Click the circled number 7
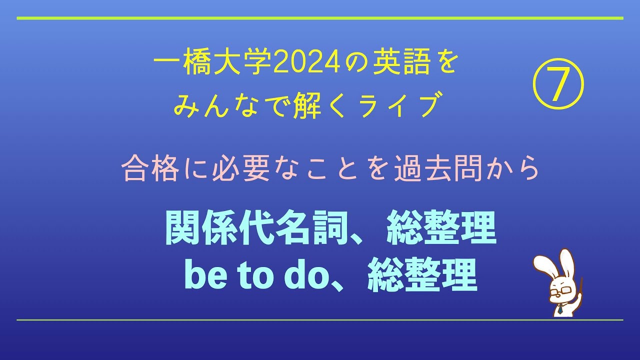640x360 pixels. click(558, 83)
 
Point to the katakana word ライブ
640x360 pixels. click(398, 104)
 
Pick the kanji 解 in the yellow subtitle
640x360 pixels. click(307, 104)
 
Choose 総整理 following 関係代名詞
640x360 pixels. click(441, 228)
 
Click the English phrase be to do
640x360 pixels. click(255, 275)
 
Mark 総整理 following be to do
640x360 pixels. click(422, 275)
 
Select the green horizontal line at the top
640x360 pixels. click(320, 18)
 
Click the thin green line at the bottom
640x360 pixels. click(320, 320)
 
